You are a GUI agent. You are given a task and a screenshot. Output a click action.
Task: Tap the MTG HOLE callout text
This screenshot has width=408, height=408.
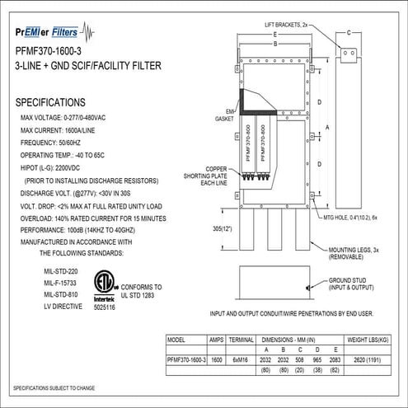(x=357, y=216)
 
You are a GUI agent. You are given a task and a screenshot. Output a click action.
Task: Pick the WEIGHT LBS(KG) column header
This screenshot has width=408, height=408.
(x=369, y=339)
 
